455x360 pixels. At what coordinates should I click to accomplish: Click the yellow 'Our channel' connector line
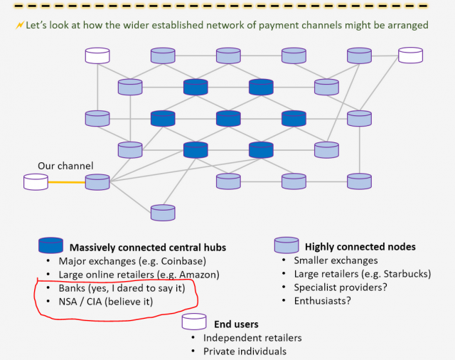coord(67,182)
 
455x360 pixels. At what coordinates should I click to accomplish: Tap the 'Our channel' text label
coord(65,166)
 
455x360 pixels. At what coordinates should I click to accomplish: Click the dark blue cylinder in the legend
coord(50,245)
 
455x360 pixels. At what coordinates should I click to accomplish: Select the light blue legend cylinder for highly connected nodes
coord(287,245)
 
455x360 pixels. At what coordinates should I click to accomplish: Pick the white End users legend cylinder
coord(194,322)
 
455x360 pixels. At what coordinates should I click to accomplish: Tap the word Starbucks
coord(405,274)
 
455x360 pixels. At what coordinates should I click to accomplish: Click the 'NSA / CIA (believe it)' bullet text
coord(106,302)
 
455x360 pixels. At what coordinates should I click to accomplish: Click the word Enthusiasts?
coord(322,301)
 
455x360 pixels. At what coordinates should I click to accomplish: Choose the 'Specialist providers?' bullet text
coord(341,287)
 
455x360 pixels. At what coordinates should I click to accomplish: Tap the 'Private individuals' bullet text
coord(245,351)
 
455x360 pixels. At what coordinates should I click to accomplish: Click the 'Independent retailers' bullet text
coord(252,338)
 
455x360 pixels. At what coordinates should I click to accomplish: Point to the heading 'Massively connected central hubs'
coord(148,248)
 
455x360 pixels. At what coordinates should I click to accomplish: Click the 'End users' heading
coord(236,324)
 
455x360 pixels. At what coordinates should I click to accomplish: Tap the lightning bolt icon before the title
coord(20,26)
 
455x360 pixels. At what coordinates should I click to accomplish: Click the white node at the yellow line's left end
coord(36,182)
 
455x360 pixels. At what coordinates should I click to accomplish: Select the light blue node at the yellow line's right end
coord(97,182)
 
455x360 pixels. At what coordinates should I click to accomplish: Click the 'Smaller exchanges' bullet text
coord(336,260)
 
